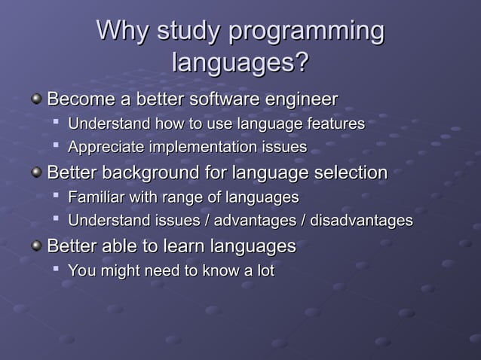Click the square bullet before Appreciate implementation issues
(57, 146)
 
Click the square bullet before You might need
(57, 270)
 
